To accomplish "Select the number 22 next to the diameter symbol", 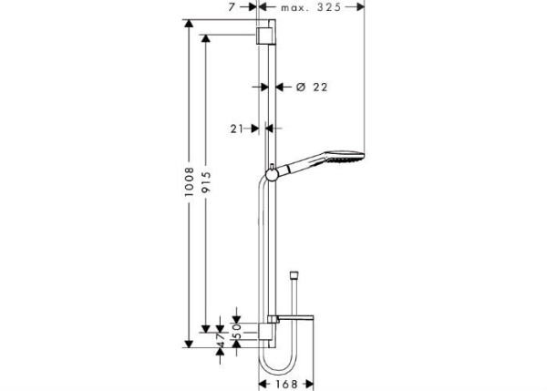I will (318, 87).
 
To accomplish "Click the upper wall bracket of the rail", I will (264, 35).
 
